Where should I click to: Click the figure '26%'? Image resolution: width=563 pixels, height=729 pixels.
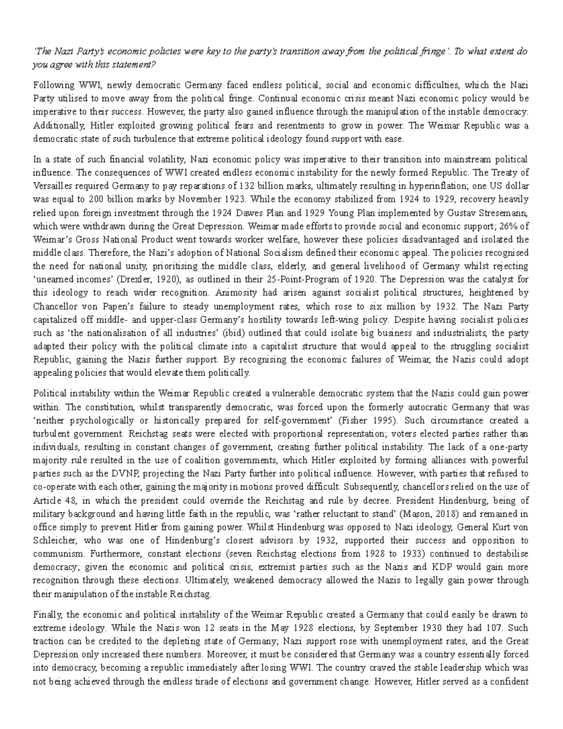click(x=509, y=226)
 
